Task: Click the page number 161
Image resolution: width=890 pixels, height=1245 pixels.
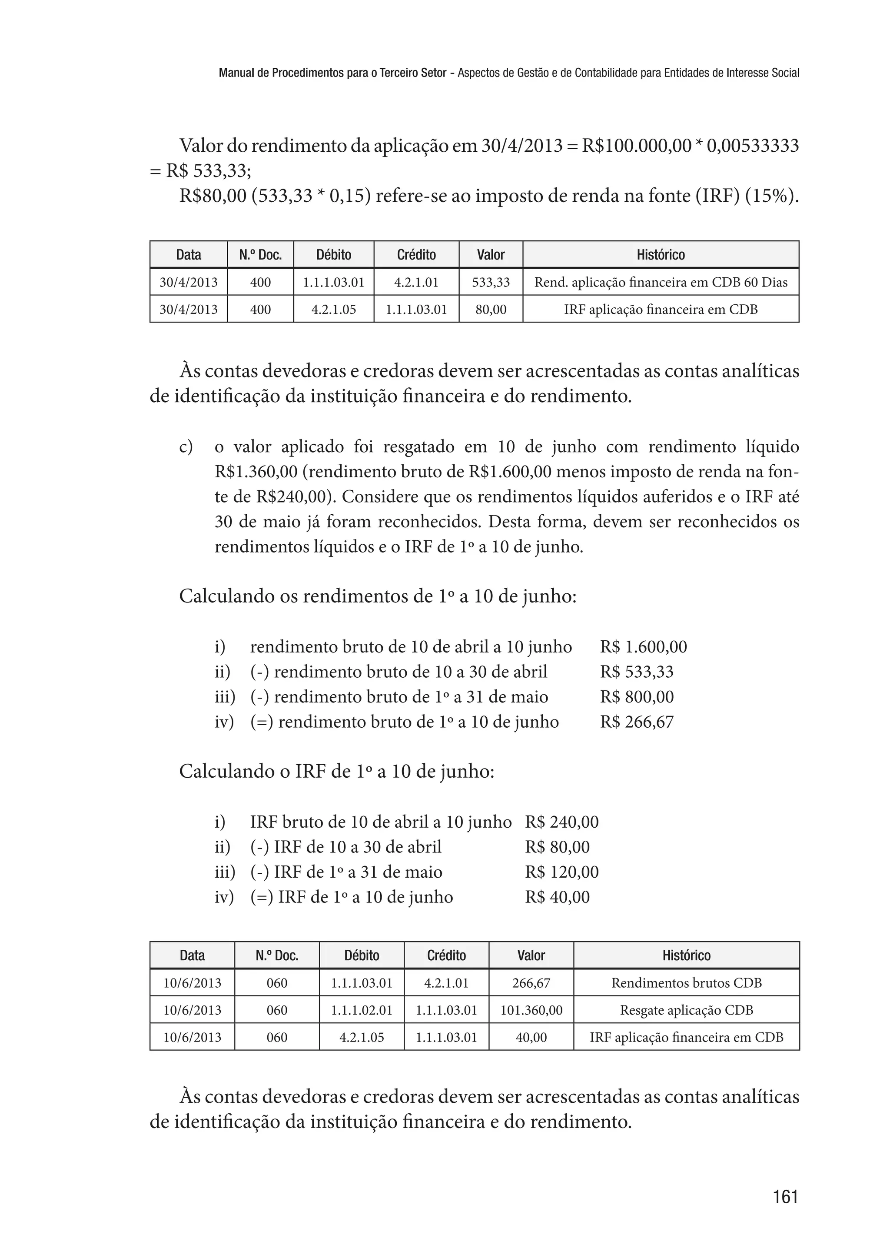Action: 785,1197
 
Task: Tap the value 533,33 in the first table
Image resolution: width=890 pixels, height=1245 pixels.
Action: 491,282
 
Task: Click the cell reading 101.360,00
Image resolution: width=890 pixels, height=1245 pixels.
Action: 531,1010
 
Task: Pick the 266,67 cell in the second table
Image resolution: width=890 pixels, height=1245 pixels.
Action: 531,983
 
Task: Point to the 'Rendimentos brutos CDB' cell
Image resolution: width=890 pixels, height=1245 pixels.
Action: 686,983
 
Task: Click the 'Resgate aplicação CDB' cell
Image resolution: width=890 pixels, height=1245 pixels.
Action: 686,1010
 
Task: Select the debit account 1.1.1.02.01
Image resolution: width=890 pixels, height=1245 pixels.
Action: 361,1010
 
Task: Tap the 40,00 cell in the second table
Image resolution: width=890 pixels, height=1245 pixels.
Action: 531,1037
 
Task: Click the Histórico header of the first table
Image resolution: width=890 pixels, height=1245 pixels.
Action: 661,255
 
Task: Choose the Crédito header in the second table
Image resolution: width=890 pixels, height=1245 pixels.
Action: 446,955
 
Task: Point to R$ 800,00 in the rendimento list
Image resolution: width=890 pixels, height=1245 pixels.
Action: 636,697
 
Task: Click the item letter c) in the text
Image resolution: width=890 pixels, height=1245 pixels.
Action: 186,447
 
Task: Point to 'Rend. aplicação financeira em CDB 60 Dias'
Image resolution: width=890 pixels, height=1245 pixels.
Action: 661,282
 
